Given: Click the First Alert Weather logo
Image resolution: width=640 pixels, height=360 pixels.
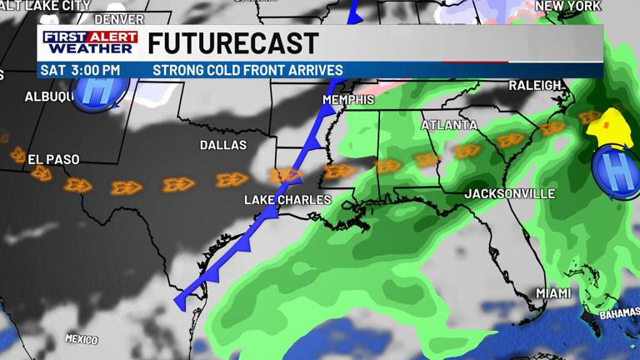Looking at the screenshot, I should click(x=90, y=42).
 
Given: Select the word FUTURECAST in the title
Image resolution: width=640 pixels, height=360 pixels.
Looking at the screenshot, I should click(x=233, y=43).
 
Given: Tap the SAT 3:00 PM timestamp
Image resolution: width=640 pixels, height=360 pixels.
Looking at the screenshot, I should click(x=80, y=71).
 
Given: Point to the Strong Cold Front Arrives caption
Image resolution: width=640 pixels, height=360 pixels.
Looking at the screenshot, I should click(x=247, y=71).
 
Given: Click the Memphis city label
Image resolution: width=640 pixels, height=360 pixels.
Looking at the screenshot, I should click(x=348, y=100).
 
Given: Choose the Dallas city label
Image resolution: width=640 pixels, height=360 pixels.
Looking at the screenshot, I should click(x=223, y=145).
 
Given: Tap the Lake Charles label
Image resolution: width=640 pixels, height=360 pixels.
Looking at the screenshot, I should click(x=287, y=200).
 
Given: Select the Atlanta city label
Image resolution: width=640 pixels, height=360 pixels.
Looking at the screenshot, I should click(x=449, y=126).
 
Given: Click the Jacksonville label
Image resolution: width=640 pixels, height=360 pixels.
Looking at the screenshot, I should click(x=509, y=194).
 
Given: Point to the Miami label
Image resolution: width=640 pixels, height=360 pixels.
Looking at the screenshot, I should click(x=553, y=293).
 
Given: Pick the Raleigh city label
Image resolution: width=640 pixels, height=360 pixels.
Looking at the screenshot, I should click(x=535, y=86).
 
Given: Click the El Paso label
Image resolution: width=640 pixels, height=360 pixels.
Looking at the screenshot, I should click(x=53, y=159).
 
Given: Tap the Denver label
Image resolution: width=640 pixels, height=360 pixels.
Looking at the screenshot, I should click(x=119, y=19).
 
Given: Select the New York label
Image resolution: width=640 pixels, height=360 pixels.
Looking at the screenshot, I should click(x=567, y=6).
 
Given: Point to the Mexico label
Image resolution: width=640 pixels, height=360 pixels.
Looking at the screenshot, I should click(x=82, y=339).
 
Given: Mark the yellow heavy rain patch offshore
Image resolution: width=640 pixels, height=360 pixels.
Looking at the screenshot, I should click(x=610, y=125).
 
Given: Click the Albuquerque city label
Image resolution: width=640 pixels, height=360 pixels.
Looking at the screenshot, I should click(x=49, y=97).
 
